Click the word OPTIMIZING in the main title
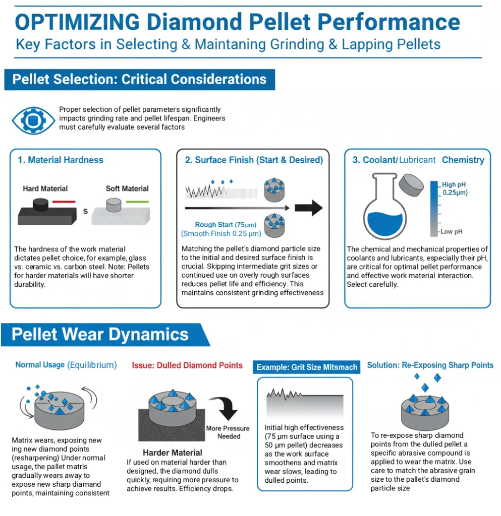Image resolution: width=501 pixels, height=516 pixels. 78,22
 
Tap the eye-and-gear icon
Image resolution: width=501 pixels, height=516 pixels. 33,120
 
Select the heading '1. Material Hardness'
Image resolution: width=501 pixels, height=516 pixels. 61,160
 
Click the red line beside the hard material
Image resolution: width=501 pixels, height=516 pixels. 64,202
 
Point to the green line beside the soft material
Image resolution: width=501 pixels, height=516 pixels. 137,202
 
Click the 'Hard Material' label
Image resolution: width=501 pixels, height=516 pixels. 45,188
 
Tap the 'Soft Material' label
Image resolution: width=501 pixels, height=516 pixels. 127,188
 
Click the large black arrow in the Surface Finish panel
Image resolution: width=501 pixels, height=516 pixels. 309,208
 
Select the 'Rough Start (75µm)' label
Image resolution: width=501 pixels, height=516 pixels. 226,225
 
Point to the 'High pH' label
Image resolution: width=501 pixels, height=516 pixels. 454,184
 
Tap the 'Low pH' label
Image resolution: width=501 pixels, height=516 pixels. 451,232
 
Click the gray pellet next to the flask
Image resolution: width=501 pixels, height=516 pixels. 411,185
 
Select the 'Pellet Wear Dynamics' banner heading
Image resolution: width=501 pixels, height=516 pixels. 100,335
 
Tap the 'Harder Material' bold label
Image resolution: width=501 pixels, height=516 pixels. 173,453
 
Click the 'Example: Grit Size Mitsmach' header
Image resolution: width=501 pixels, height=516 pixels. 307,367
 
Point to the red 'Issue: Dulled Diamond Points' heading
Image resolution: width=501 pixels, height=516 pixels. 187,365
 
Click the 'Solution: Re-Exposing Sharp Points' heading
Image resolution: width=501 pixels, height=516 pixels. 430,365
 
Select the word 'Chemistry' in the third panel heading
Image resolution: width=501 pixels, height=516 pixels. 463,160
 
